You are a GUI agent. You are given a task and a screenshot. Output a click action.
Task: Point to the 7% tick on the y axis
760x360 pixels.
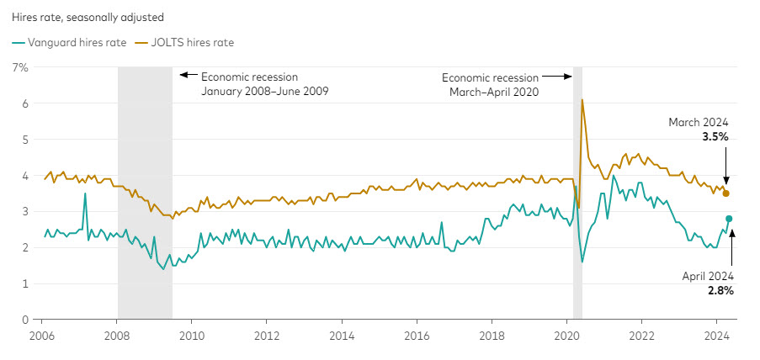pos(19,66)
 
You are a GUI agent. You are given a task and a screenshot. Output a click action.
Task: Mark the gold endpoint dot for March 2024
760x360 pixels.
pos(726,193)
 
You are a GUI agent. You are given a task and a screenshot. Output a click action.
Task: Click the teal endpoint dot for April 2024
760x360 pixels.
pos(729,219)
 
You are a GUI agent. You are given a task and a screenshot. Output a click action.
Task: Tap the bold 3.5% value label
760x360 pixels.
pos(715,135)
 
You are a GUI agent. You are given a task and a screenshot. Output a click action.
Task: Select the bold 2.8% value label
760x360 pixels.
pos(721,291)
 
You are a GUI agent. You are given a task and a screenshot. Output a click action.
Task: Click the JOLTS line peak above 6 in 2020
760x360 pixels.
pos(582,100)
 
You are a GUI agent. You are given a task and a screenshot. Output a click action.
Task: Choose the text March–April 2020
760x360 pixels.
pos(490,91)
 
